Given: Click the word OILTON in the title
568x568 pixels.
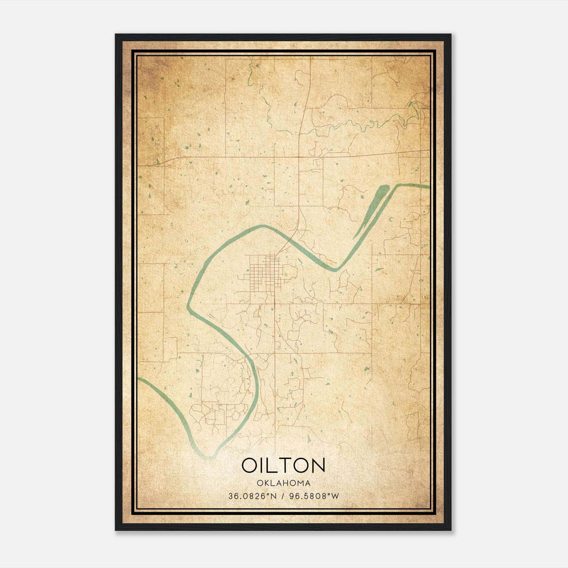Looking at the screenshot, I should coord(283,465).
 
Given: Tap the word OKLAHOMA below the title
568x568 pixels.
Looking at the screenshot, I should coord(284,483).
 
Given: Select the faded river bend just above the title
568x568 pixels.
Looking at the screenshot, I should coord(213,456).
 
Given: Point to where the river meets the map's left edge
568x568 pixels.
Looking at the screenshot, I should coord(138,379).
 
